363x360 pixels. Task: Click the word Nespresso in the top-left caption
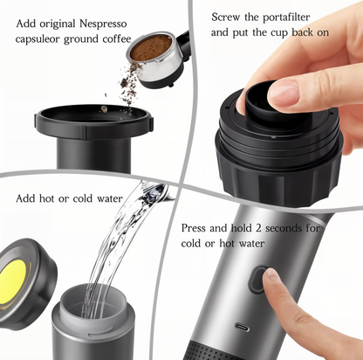coord(107,24)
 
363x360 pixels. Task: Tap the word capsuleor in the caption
coord(38,38)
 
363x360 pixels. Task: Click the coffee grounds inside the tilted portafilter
coord(153,45)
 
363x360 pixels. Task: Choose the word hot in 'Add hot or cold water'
coord(52,198)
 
